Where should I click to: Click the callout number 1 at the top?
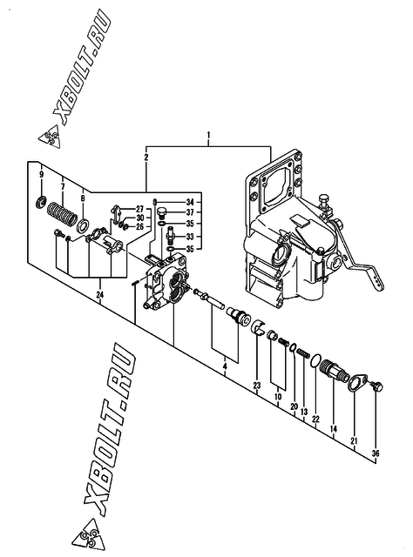pos(209,135)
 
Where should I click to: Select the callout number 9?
pos(41,174)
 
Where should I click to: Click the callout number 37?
pos(190,212)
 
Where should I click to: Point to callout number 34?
pos(190,202)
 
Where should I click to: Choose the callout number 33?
pos(190,237)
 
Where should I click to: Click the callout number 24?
pos(100,294)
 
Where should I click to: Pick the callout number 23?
pos(257,385)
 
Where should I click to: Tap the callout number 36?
pos(376,453)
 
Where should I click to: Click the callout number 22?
pos(315,419)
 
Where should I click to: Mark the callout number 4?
pos(225,366)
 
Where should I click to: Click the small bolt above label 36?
pos(376,386)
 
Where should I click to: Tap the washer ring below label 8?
pos(84,225)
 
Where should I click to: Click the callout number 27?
pos(139,209)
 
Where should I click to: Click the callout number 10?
pos(278,397)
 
